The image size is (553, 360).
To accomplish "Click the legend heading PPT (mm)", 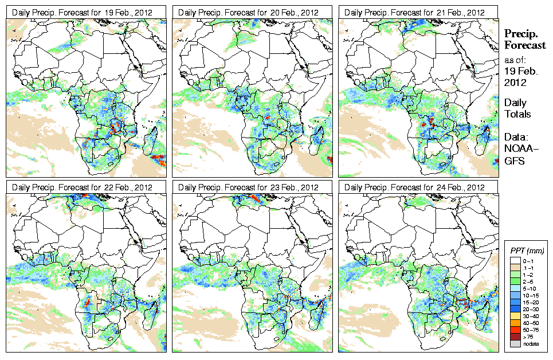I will (x=527, y=251).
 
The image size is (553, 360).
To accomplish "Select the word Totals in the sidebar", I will (x=517, y=114).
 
